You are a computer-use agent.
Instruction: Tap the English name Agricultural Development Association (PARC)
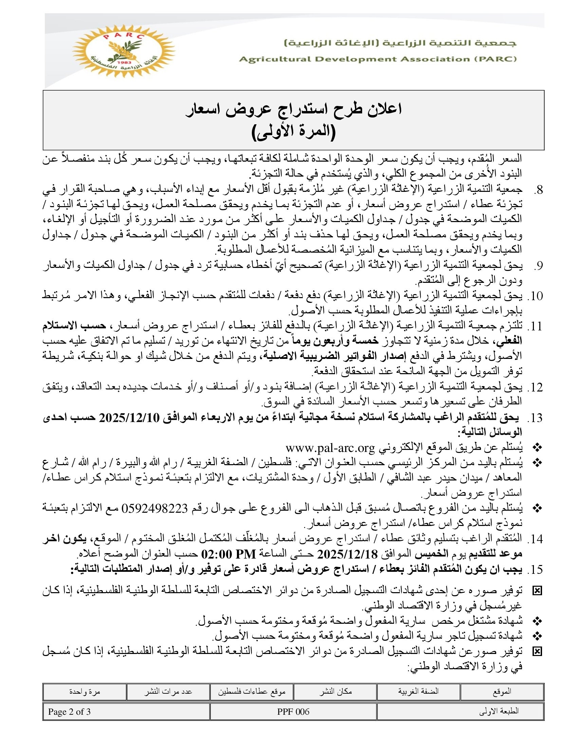pyautogui.click(x=378, y=59)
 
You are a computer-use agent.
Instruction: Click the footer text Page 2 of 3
pyautogui.click(x=69, y=712)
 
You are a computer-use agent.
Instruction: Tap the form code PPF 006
pyautogui.click(x=293, y=712)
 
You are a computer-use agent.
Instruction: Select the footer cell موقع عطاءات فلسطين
pyautogui.click(x=252, y=692)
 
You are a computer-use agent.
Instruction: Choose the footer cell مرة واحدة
pyautogui.click(x=85, y=692)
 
